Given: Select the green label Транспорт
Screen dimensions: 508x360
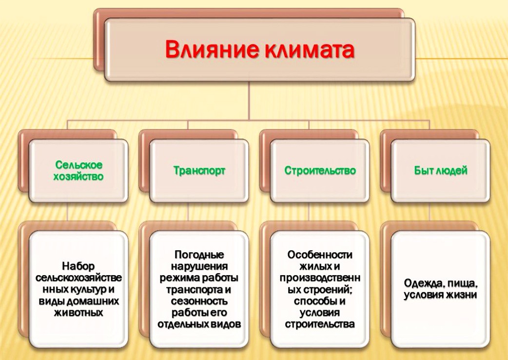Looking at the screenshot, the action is pos(199,171).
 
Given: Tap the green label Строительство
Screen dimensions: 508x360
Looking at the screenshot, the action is pos(320,170).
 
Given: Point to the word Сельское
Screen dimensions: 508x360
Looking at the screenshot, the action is pos(78,165).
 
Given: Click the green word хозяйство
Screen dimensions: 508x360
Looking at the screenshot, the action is pos(78,177).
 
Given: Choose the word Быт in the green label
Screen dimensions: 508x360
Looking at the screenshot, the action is pos(423,170).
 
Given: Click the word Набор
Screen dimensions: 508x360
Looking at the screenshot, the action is pos(78,266).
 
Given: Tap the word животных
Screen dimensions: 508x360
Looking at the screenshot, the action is pos(78,313).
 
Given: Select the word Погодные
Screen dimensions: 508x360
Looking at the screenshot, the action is pos(199,255).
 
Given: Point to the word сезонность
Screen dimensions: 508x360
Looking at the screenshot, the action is pos(199,301).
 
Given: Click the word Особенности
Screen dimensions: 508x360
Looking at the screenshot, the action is pos(320,255).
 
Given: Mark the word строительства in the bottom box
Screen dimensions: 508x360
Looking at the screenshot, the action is pos(320,324).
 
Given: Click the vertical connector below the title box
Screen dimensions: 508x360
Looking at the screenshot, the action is pos(249,101).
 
